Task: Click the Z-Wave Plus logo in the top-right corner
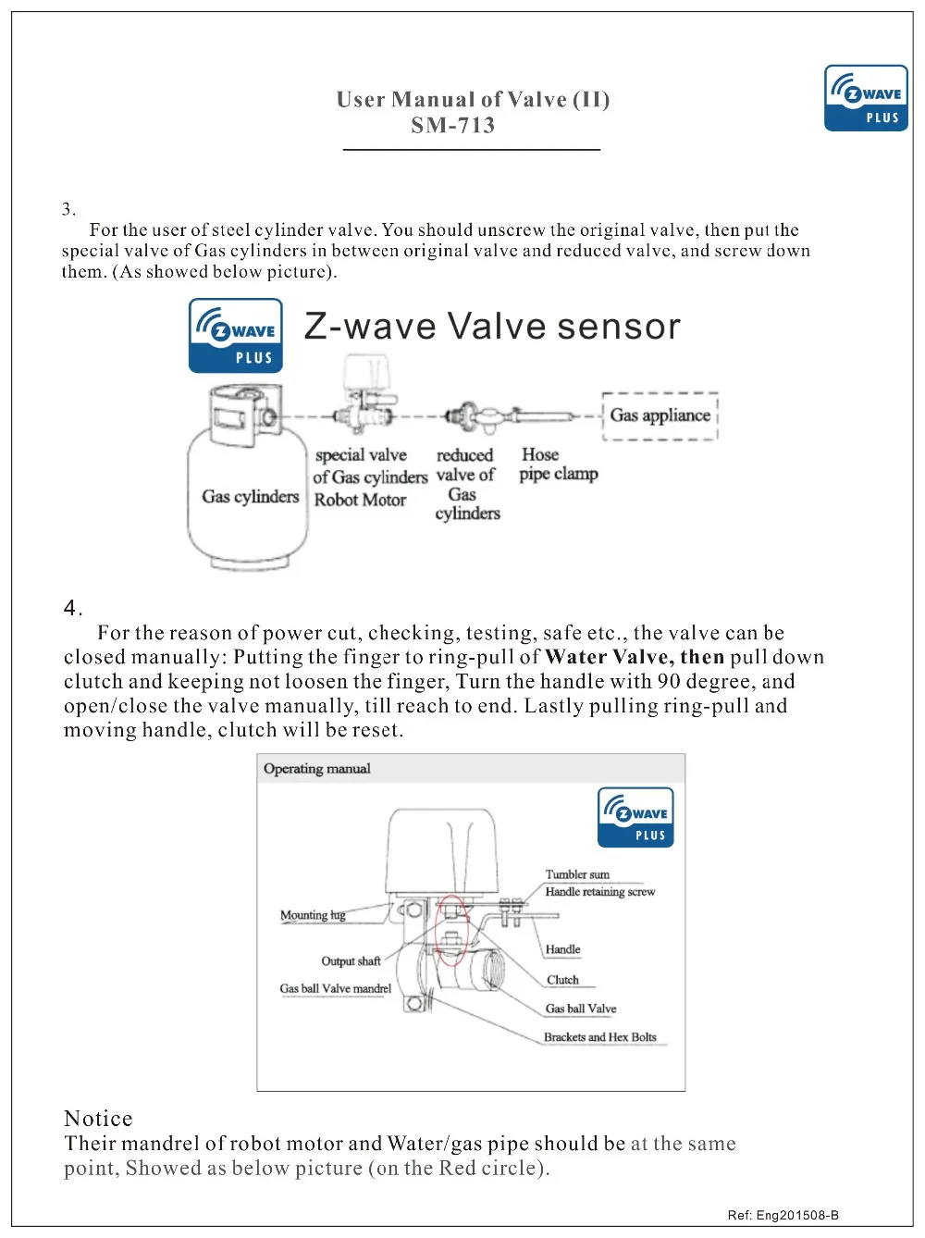click(866, 98)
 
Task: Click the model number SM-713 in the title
click(453, 126)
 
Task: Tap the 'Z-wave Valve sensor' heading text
click(492, 327)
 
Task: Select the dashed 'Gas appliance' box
click(660, 415)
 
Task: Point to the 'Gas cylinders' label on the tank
click(251, 497)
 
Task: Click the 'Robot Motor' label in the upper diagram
click(360, 500)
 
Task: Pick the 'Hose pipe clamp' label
click(558, 464)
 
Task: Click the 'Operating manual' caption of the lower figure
click(316, 769)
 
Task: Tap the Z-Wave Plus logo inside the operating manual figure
click(635, 817)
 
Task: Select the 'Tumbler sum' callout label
click(577, 874)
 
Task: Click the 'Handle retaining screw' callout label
click(599, 892)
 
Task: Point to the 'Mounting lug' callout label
click(313, 915)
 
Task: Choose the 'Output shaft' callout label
click(351, 961)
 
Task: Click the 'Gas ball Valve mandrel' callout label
click(335, 988)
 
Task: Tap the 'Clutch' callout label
click(562, 980)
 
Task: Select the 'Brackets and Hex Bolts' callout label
click(599, 1037)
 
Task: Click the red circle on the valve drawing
click(450, 930)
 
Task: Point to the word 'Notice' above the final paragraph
click(98, 1119)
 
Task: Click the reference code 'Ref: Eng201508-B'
click(783, 1215)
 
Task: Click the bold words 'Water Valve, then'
click(635, 658)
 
